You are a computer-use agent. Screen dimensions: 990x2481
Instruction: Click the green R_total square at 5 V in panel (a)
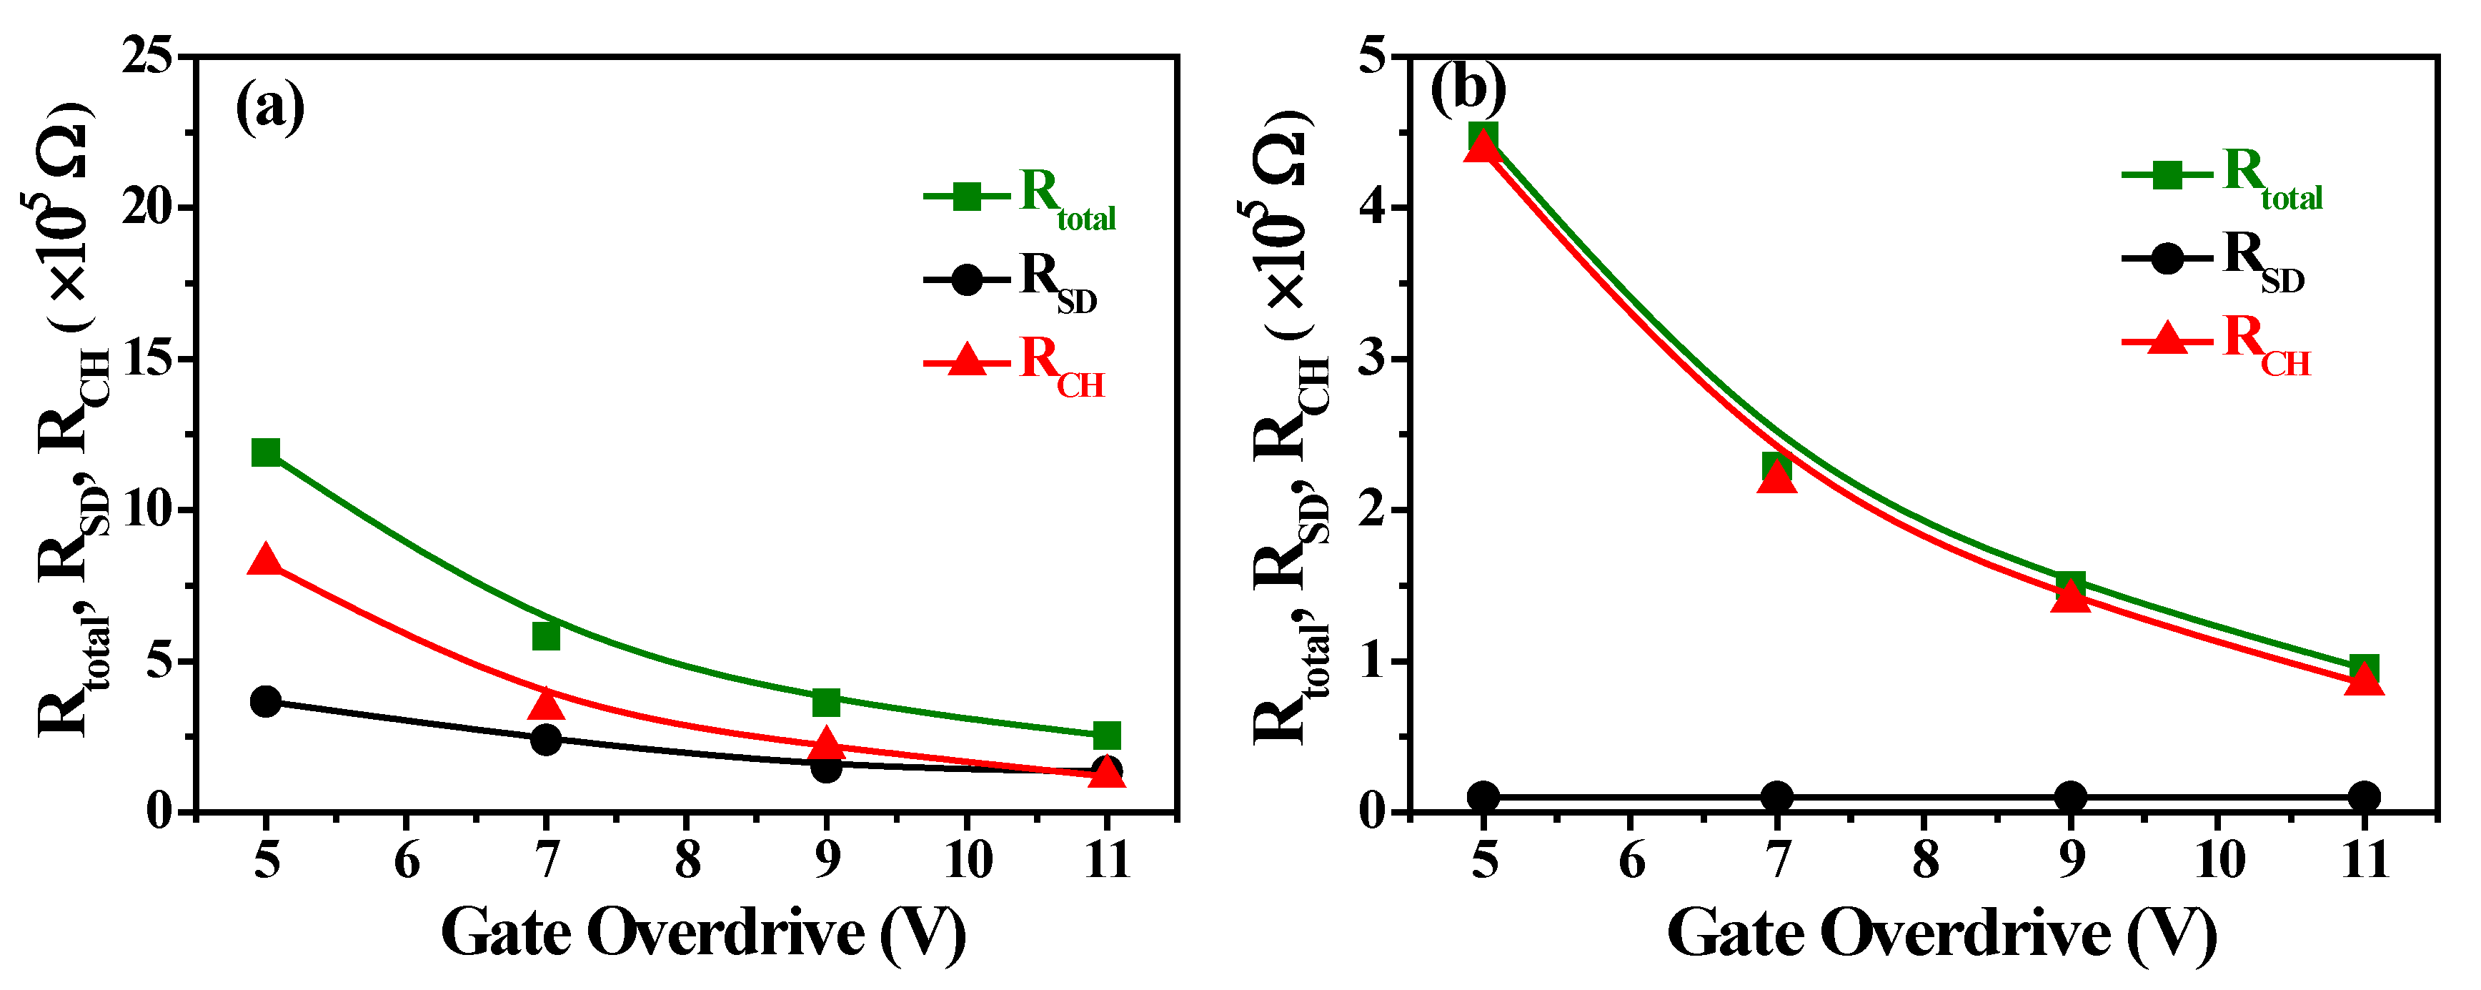click(266, 452)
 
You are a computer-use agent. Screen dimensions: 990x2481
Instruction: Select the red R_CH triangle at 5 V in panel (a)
click(266, 560)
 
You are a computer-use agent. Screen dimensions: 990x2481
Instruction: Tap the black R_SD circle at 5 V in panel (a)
click(266, 701)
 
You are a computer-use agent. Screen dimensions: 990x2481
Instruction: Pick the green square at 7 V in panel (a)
click(546, 635)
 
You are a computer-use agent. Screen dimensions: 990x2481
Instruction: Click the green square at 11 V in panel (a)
click(1107, 736)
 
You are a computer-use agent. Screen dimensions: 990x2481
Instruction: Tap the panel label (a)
click(269, 107)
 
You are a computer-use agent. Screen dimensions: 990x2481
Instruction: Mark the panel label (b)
click(1468, 89)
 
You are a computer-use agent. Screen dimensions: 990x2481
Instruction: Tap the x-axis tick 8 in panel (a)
click(687, 860)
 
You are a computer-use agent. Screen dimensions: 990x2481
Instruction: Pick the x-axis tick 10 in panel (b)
click(2219, 860)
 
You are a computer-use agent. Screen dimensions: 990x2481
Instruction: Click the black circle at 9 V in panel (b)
click(2071, 796)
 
